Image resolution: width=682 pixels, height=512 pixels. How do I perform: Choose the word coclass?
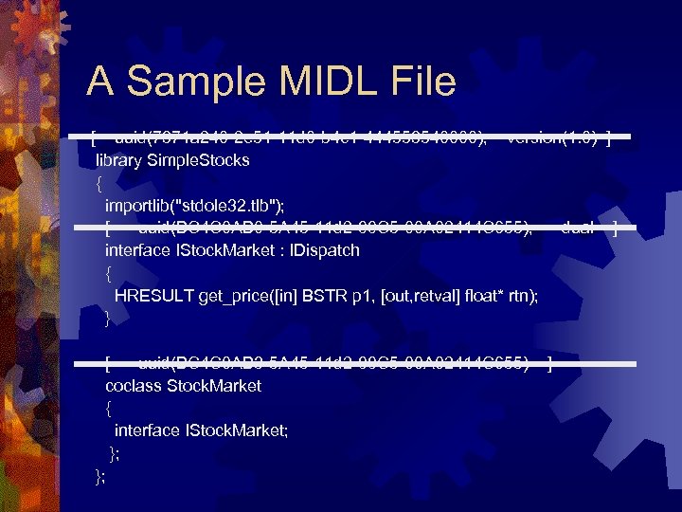pos(133,386)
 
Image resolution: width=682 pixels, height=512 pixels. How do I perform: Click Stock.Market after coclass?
pos(214,386)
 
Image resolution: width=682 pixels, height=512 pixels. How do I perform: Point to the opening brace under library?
pos(99,183)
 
